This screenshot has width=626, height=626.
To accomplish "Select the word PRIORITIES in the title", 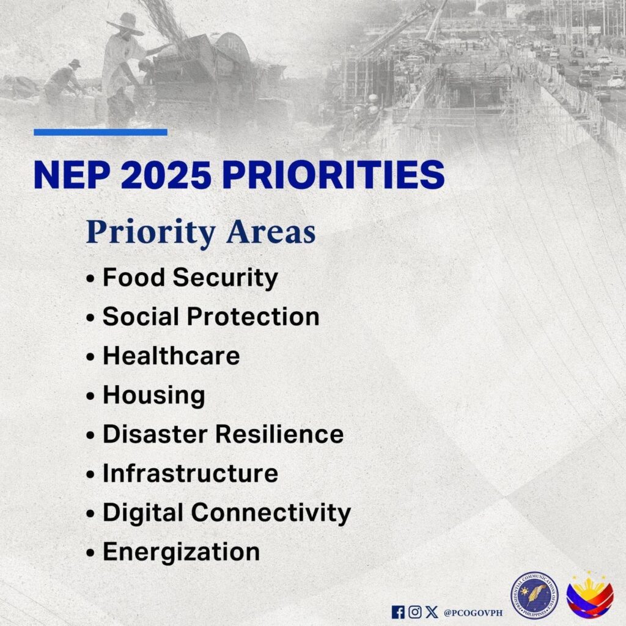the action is pyautogui.click(x=333, y=175).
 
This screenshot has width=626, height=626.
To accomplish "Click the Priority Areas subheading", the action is pyautogui.click(x=201, y=232).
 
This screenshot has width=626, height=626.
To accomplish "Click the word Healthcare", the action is pyautogui.click(x=171, y=355).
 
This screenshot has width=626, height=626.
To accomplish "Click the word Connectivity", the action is pyautogui.click(x=271, y=513).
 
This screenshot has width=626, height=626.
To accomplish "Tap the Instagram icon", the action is pyautogui.click(x=415, y=612).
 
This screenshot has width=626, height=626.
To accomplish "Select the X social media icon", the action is pyautogui.click(x=432, y=612).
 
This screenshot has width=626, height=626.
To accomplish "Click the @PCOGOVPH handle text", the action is pyautogui.click(x=473, y=613).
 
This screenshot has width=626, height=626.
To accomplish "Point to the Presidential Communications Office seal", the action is pyautogui.click(x=534, y=595).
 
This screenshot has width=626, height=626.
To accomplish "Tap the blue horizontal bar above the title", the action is pyautogui.click(x=101, y=132).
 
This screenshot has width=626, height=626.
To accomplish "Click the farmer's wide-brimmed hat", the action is pyautogui.click(x=126, y=24).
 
